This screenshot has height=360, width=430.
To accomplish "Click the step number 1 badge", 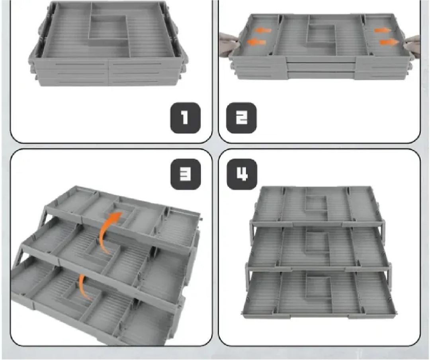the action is (x=186, y=118).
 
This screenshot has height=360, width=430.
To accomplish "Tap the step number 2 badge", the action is (x=241, y=118).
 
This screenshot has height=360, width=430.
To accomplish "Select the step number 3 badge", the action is (x=186, y=174).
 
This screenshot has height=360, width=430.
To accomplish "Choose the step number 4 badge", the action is (x=242, y=174).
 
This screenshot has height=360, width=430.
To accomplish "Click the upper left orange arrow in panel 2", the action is (x=262, y=30).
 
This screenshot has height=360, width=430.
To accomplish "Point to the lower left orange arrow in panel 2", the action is (x=256, y=42).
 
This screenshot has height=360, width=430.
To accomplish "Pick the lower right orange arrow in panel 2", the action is (x=389, y=42).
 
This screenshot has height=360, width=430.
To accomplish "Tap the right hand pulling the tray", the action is (x=412, y=45).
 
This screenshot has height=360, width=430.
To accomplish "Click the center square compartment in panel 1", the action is (x=109, y=29).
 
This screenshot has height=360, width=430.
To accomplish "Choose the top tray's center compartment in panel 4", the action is (x=317, y=203).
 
